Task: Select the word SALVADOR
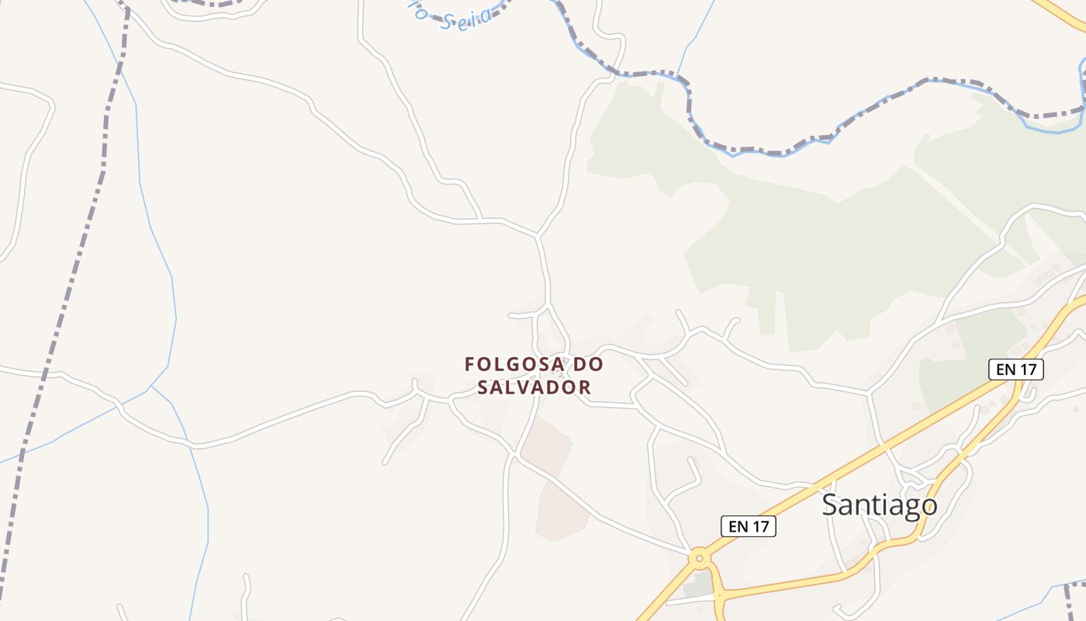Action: click(x=534, y=387)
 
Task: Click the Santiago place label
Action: click(x=879, y=505)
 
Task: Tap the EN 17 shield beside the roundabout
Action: click(x=748, y=526)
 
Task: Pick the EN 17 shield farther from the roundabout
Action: click(x=1015, y=369)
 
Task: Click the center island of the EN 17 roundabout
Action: click(x=700, y=557)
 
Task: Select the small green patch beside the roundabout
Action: click(x=699, y=585)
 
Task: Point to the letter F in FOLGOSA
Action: click(x=470, y=364)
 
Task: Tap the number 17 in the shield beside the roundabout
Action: click(x=761, y=526)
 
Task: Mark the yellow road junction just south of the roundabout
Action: click(x=718, y=595)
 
